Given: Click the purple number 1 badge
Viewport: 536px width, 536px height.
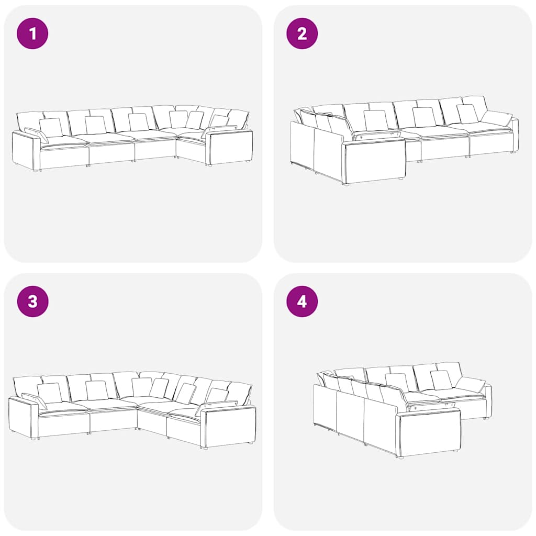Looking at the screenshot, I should click(x=32, y=33).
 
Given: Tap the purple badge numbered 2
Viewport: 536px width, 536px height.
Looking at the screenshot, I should click(x=301, y=33).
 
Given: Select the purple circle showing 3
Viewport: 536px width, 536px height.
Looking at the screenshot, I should click(x=32, y=301).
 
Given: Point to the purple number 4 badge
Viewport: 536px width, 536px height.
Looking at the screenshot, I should click(x=301, y=301).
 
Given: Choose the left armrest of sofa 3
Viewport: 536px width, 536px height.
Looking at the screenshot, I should click(x=23, y=416).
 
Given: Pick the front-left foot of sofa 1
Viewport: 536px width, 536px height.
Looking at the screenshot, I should click(x=36, y=170).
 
